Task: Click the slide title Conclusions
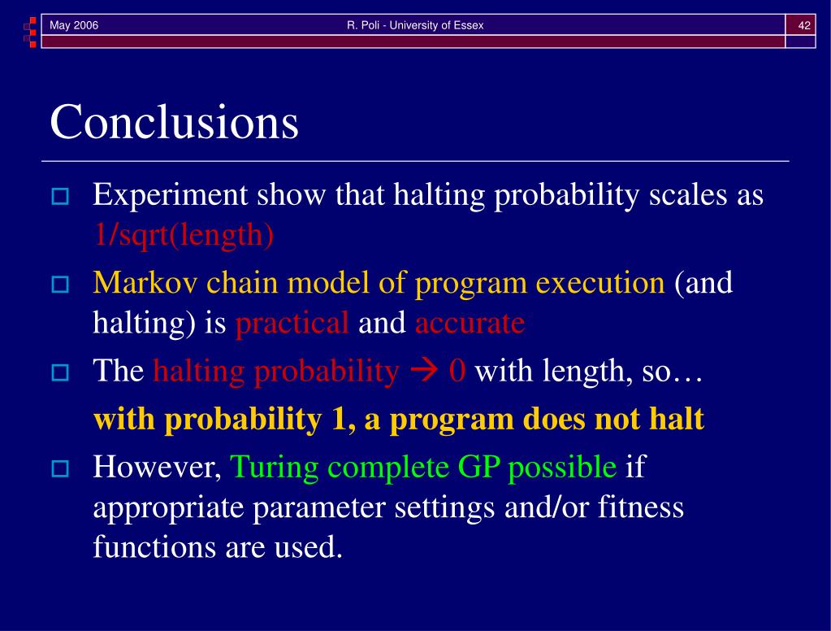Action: point(175,122)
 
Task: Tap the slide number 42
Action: point(804,25)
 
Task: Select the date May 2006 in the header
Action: point(74,25)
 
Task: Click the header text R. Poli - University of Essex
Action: point(415,25)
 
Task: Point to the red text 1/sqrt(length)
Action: point(184,234)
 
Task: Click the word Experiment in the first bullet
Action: point(170,195)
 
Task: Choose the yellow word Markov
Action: point(145,282)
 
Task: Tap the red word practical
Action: point(292,323)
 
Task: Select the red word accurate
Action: point(470,323)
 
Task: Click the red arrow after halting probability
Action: point(425,371)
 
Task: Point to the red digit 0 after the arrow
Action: point(457,371)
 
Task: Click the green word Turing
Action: point(274,468)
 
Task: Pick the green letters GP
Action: point(478,467)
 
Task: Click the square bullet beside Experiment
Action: point(60,196)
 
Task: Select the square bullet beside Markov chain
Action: point(60,285)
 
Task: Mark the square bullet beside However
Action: point(60,468)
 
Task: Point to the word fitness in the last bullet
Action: point(641,507)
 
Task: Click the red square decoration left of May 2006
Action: point(32,22)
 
